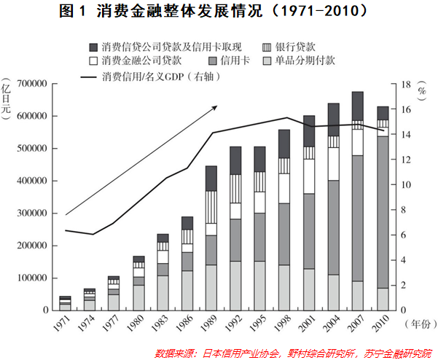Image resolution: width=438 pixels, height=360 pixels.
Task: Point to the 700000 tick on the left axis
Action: point(31,84)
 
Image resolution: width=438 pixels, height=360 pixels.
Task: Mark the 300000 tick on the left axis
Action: point(31,214)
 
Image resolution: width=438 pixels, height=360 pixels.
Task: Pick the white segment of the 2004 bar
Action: point(333,163)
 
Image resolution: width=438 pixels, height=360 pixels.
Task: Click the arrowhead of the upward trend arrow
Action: point(215,106)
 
